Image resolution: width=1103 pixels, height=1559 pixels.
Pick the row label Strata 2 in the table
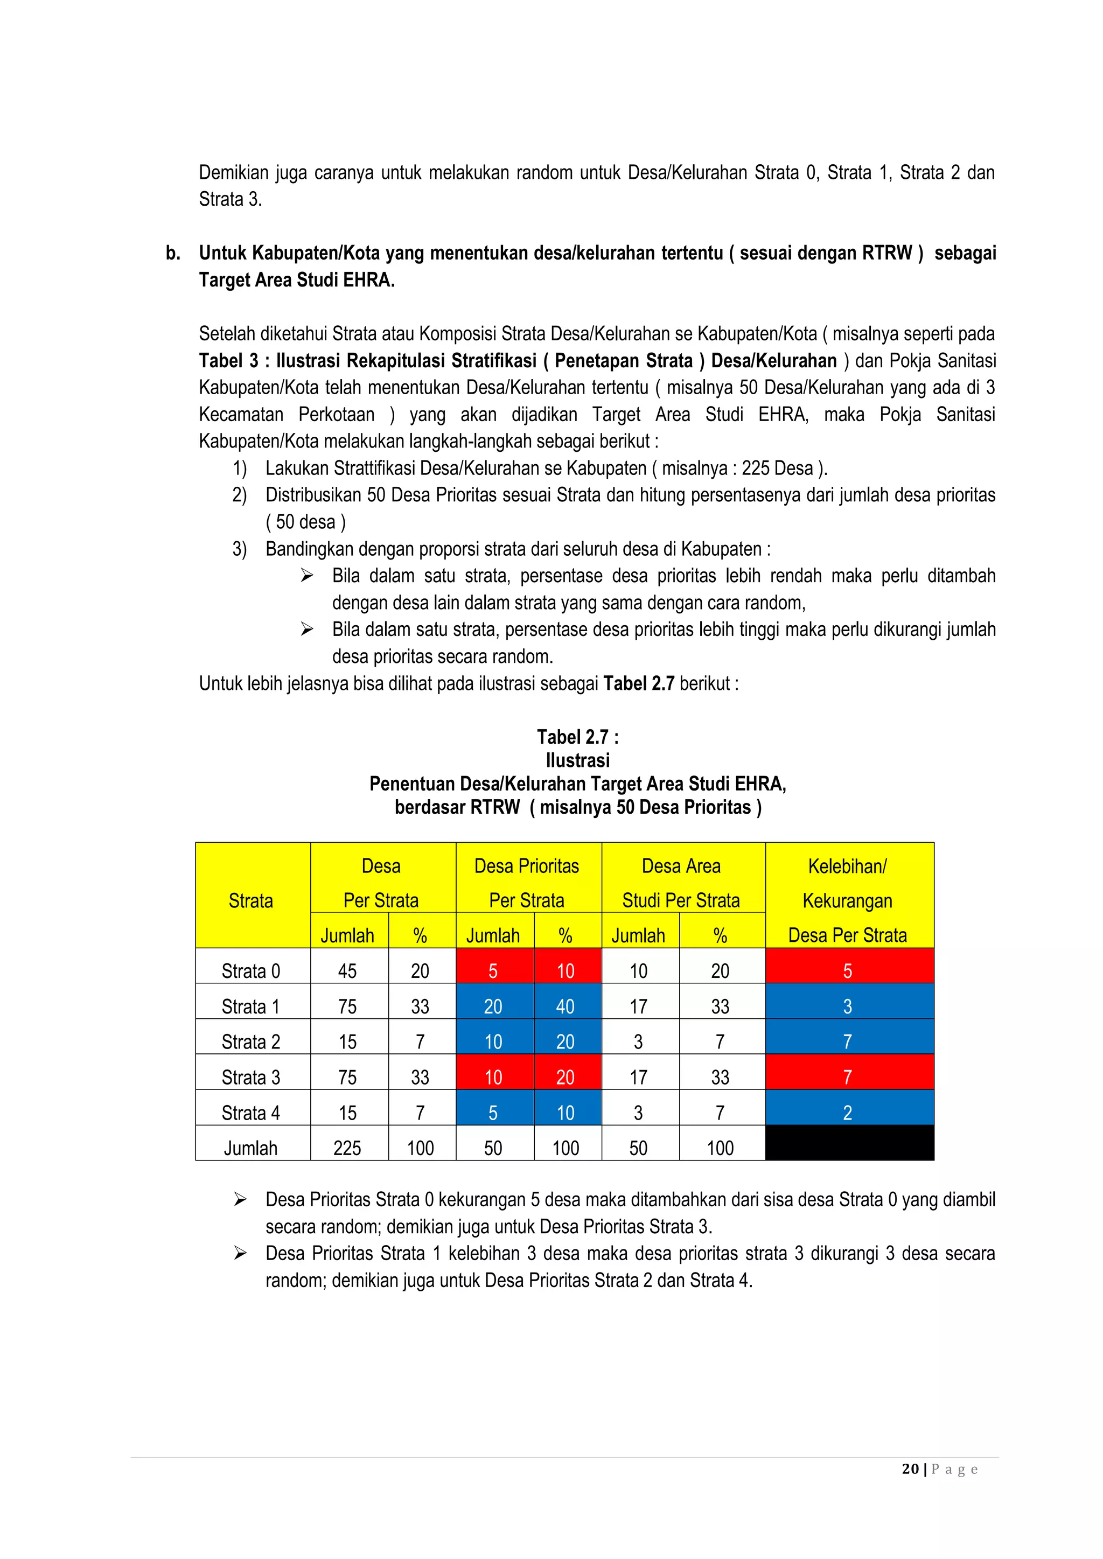point(250,1041)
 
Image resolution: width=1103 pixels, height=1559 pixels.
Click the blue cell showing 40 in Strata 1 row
point(566,1006)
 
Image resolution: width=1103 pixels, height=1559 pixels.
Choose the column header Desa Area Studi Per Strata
point(681,882)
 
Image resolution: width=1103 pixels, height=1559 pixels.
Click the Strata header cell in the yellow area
point(250,900)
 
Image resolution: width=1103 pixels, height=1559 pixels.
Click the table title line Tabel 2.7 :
point(577,737)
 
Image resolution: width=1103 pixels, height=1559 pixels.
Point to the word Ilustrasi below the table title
point(577,760)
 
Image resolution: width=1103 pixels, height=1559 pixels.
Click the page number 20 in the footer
point(910,1469)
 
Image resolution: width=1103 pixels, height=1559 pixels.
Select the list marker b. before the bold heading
point(173,253)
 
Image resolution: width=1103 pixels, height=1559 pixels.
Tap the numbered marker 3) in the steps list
point(239,549)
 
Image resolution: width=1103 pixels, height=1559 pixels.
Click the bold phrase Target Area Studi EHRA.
point(297,279)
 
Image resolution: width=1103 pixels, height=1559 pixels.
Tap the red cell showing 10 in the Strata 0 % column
point(566,971)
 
